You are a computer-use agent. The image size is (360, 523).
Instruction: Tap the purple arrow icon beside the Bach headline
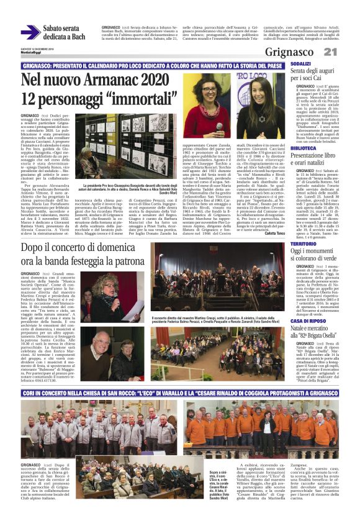tap(30, 32)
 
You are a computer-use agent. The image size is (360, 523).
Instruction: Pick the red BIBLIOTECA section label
tap(304, 149)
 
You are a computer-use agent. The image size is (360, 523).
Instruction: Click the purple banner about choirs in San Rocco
tap(180, 394)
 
